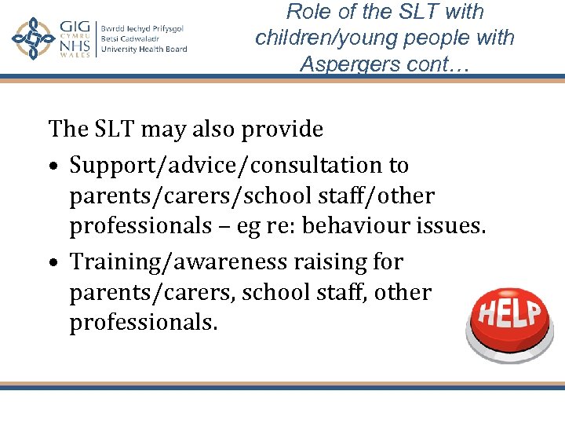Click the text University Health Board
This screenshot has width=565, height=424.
(x=144, y=49)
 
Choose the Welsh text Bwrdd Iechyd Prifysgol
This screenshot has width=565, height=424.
(x=142, y=28)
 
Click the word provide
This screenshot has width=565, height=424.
(x=283, y=128)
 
